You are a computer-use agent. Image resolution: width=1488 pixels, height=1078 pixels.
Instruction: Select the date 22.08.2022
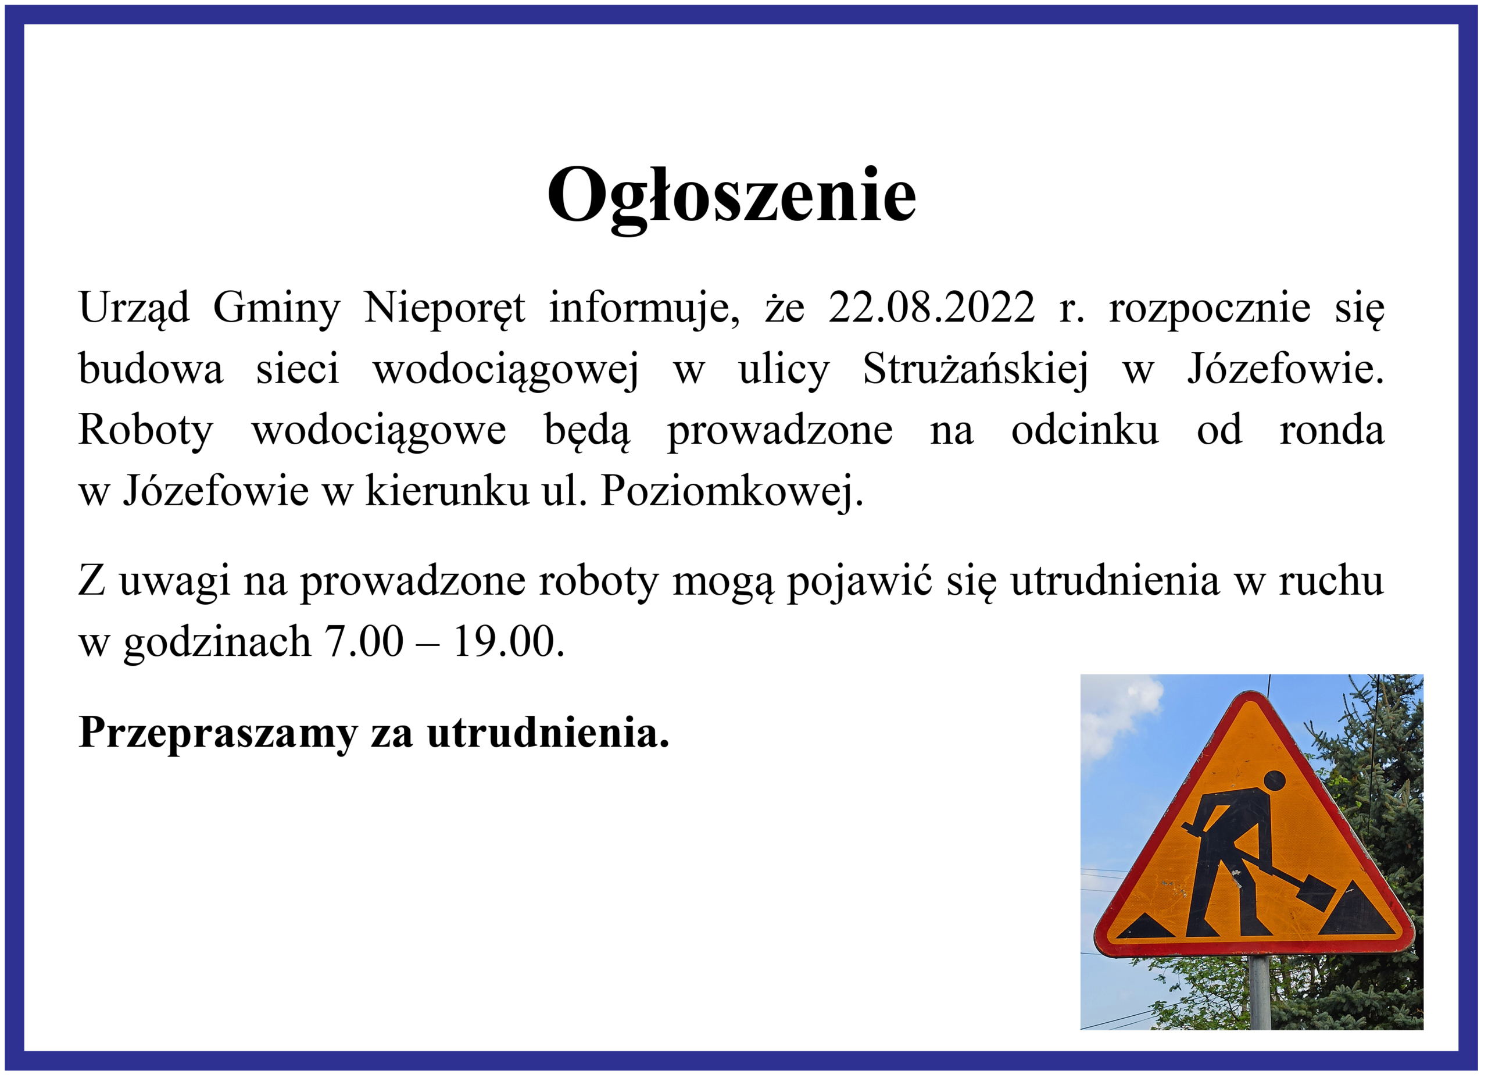click(x=932, y=307)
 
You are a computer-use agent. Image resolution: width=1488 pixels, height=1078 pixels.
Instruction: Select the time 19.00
click(x=509, y=642)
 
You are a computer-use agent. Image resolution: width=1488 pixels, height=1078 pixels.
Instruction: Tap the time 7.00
click(x=364, y=642)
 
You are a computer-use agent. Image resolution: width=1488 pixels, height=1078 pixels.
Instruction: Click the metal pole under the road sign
click(x=1260, y=992)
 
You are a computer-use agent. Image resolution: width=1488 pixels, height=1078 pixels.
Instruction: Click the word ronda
click(x=1332, y=431)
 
